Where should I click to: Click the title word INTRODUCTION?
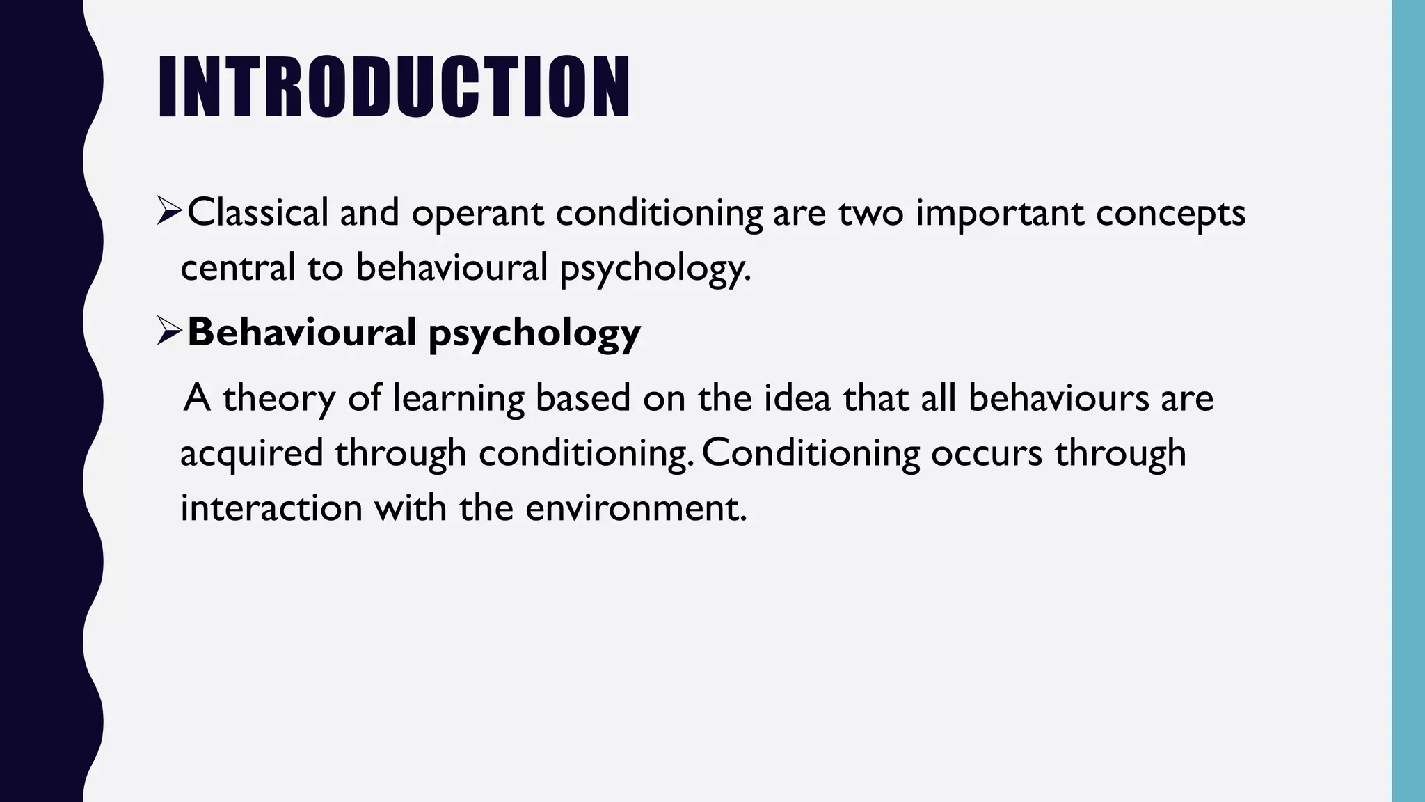(x=394, y=87)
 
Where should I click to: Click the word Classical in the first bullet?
(x=257, y=212)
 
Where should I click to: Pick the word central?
(x=238, y=267)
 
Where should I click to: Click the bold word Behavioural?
(x=301, y=331)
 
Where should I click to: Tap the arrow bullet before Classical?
(x=169, y=212)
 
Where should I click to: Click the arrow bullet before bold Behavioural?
(x=169, y=331)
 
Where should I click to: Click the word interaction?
(x=271, y=507)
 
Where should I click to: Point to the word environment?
(x=635, y=507)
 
